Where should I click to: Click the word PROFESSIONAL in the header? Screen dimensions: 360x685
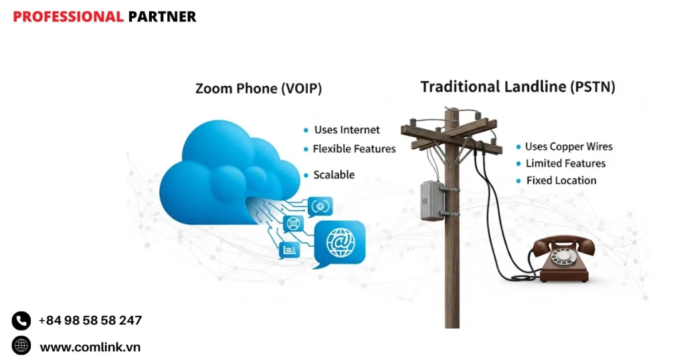tap(68, 17)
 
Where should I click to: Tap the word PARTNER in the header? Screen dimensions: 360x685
tap(162, 17)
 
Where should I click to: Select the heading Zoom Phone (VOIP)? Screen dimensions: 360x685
tap(258, 88)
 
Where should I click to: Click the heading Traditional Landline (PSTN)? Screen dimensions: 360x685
tap(518, 87)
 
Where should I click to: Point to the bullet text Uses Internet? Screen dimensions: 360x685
tap(347, 130)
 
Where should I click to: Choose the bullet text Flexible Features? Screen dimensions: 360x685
tap(354, 149)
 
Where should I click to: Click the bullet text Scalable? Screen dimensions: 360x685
tap(334, 175)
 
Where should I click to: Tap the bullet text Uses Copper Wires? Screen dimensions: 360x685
tap(569, 147)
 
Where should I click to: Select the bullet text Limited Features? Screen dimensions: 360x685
tap(565, 163)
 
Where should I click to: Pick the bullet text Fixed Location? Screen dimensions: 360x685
tap(561, 180)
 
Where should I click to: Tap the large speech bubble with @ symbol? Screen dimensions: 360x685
tap(339, 242)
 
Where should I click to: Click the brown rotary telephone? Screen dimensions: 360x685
tap(564, 259)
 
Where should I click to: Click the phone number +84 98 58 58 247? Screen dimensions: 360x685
tap(90, 321)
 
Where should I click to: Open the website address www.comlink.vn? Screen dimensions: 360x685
tap(90, 347)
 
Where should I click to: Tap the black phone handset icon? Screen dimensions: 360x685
tap(21, 321)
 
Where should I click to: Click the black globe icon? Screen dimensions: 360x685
tap(21, 346)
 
